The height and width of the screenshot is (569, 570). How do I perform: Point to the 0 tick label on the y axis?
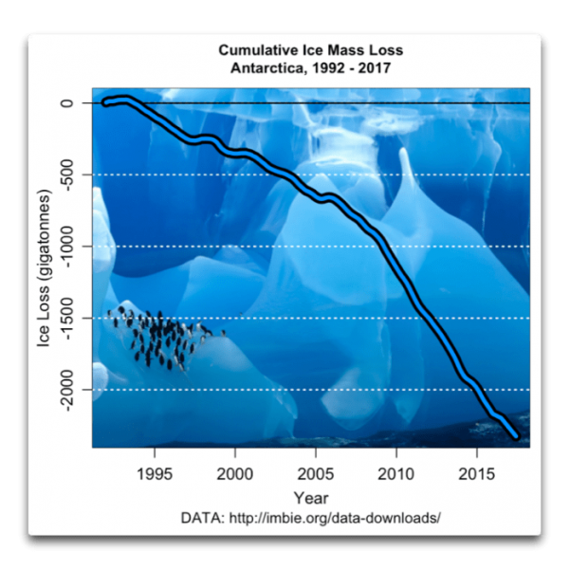67,102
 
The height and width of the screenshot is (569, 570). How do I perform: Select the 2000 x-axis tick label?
234,472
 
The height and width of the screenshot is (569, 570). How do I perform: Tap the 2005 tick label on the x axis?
316,472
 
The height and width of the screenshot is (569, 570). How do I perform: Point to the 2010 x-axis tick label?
396,472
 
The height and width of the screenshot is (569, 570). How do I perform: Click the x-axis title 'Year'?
311,498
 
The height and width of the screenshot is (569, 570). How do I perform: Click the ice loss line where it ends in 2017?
516,436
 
